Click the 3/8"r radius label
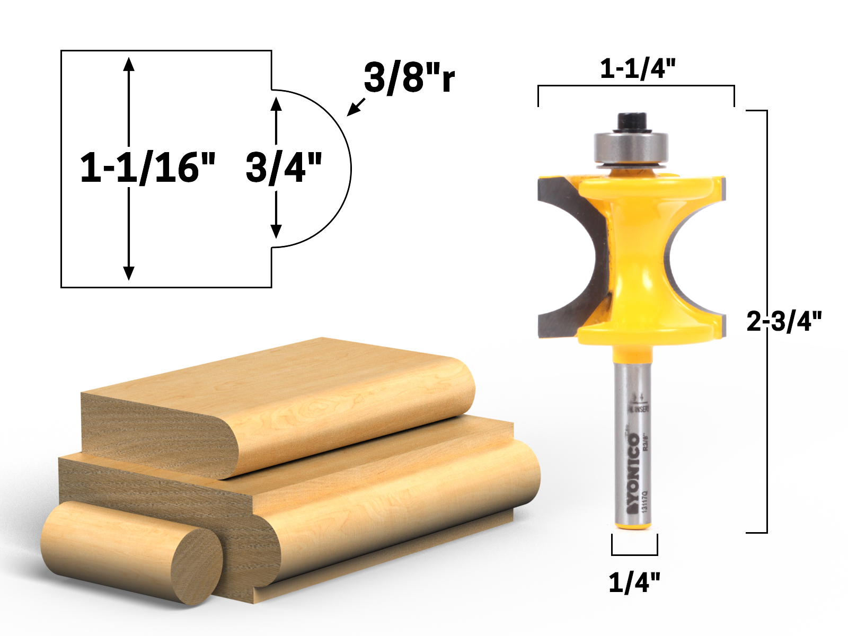(409, 78)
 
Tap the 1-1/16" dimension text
(148, 167)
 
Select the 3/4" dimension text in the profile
(284, 167)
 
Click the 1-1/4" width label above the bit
(638, 69)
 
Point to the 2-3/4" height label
(784, 321)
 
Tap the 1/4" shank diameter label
(634, 582)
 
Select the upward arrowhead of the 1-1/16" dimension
(128, 64)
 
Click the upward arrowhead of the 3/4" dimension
(276, 103)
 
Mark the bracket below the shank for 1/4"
(634, 553)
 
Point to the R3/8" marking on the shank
(645, 441)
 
